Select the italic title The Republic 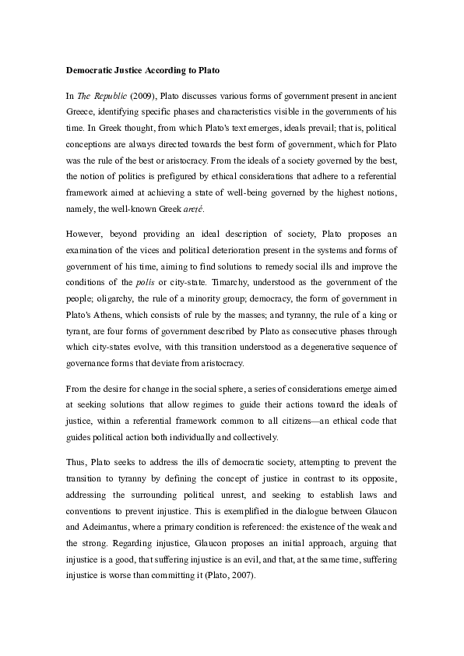point(100,97)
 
